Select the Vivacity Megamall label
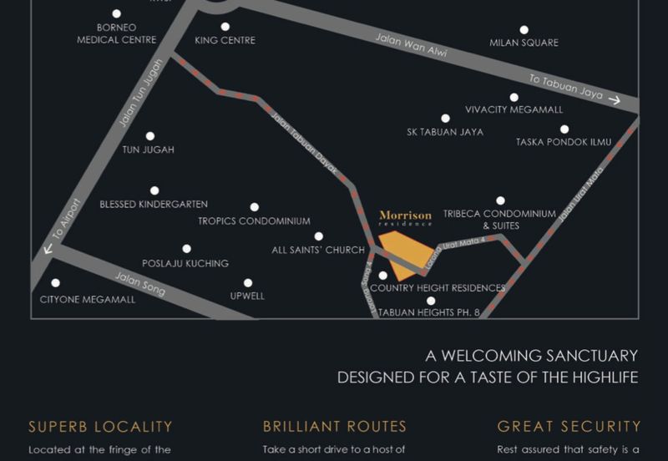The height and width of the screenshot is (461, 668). [x=514, y=109]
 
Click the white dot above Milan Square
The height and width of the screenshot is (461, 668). [x=524, y=30]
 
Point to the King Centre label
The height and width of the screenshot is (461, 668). [x=225, y=40]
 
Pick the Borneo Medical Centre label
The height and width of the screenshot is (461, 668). [x=116, y=33]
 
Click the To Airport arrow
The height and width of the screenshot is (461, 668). [x=48, y=248]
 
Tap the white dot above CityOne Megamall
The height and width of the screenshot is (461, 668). [x=56, y=283]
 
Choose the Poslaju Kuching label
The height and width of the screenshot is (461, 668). [x=185, y=263]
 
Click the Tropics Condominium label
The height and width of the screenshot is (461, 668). [x=254, y=221]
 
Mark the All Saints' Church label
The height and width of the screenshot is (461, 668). [x=318, y=250]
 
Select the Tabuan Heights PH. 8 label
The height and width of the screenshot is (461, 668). [x=429, y=313]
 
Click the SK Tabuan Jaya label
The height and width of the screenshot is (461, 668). [x=445, y=132]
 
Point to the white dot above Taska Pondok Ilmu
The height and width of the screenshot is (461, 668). [x=564, y=129]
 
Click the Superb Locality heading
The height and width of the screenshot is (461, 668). [x=100, y=427]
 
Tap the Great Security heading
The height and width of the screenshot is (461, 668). [x=569, y=427]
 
